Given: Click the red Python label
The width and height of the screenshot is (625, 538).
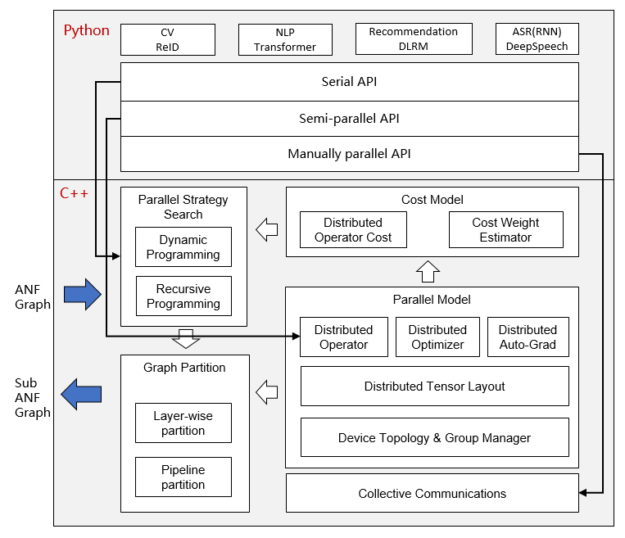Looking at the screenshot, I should [86, 31].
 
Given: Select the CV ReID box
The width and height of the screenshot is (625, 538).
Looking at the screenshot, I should [167, 39].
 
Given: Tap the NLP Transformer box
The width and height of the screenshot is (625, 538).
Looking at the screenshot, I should [284, 39].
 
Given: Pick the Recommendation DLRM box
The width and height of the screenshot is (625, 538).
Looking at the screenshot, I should [414, 39].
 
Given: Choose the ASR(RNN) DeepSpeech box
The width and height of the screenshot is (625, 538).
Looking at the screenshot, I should [537, 39].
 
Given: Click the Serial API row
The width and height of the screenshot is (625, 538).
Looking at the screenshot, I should [349, 82].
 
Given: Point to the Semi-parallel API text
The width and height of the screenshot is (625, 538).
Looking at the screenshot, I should [349, 118].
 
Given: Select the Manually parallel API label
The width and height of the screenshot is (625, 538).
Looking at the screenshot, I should [349, 154].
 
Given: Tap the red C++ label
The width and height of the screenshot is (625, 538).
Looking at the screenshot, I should [75, 194].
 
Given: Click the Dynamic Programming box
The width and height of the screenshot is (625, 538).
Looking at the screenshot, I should [183, 247].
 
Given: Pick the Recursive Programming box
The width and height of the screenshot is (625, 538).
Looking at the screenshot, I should [183, 296].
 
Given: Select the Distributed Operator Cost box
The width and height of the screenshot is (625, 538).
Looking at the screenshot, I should [353, 230].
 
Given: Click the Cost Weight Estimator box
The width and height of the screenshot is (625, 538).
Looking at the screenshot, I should [505, 230].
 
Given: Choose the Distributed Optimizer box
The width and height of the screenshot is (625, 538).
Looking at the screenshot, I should [437, 337].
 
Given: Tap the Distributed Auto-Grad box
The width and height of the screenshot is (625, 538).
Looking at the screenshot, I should [528, 337].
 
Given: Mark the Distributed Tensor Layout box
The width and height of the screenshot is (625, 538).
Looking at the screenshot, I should [434, 387].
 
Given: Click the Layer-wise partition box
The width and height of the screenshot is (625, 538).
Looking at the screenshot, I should [183, 423].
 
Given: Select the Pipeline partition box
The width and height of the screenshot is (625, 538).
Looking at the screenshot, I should [183, 477].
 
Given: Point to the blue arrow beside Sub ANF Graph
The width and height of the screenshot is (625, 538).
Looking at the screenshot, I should [82, 394].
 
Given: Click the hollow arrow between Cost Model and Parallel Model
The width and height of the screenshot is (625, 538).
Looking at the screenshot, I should [428, 270].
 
